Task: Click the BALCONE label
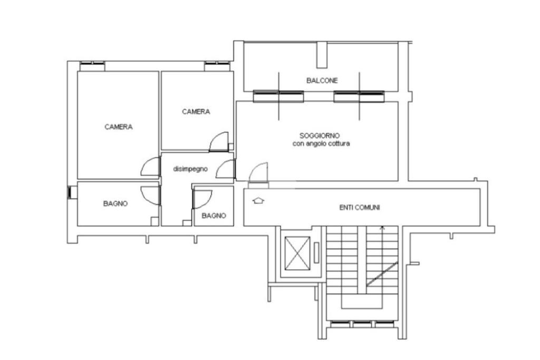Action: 322,81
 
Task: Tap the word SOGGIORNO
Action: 320,135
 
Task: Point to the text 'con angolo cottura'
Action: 321,143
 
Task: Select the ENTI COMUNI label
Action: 360,208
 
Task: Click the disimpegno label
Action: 190,169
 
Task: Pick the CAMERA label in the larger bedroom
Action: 119,127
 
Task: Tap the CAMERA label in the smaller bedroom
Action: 196,112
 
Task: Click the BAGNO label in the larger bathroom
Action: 115,203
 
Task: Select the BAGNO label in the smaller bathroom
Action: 214,216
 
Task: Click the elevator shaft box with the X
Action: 297,254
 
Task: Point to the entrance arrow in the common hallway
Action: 258,200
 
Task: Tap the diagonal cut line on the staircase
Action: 382,274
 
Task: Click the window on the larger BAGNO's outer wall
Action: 73,192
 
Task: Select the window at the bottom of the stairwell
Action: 362,324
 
